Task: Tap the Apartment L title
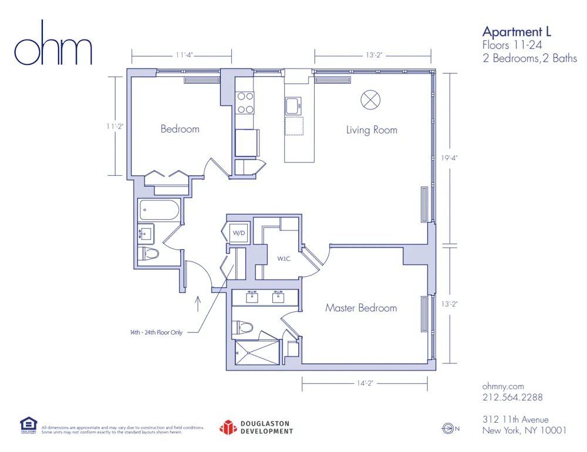[x=517, y=32]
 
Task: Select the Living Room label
[x=371, y=130]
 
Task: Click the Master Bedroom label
[x=361, y=308]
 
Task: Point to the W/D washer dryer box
[x=239, y=232]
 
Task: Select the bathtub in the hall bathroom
[x=159, y=210]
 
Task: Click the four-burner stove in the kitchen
[x=245, y=103]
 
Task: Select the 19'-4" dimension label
[x=450, y=158]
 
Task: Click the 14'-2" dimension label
[x=365, y=383]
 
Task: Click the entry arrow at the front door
[x=197, y=303]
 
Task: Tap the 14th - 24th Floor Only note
[x=156, y=332]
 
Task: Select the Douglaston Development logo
[x=256, y=427]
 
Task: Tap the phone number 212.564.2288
[x=512, y=397]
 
